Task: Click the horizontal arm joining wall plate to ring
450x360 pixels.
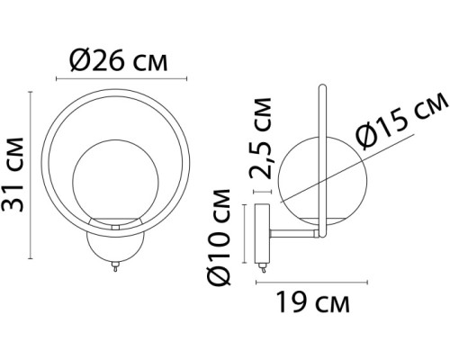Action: point(292,235)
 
